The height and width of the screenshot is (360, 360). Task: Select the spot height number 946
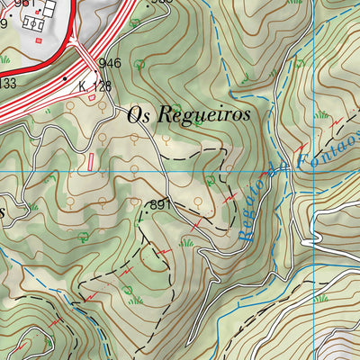pos(110,63)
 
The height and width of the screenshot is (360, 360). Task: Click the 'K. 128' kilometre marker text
pos(94,87)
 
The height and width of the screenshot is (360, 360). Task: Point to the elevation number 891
pos(160,205)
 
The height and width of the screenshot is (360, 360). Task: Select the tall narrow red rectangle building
pos(90,160)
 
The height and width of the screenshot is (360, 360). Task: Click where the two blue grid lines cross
pos(293,170)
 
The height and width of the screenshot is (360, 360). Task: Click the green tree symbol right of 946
pos(139,64)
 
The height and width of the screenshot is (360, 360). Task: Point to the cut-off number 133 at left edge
pos(7,84)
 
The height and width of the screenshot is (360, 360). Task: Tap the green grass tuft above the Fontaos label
pos(322,114)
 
